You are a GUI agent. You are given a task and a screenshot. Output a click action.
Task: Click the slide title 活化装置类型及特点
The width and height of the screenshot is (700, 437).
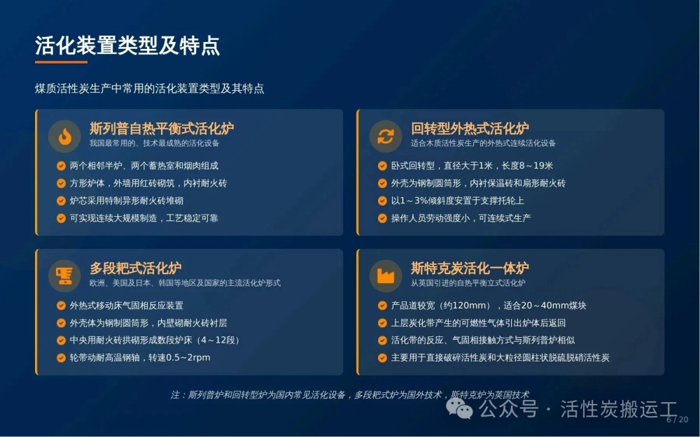pos(127,45)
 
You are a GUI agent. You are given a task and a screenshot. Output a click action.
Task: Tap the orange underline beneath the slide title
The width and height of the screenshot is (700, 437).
pos(61,62)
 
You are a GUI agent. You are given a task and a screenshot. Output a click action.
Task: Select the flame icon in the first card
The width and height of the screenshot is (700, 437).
pos(64,136)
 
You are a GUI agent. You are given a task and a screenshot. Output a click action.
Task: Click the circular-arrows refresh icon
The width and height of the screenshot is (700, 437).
pos(386,136)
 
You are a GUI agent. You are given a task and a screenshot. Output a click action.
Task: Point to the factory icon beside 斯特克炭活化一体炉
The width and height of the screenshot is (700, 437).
pos(386,276)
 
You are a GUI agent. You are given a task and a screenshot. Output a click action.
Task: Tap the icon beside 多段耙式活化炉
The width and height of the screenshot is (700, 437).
pos(64,276)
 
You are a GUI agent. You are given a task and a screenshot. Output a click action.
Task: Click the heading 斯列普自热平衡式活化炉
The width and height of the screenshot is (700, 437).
pos(162,129)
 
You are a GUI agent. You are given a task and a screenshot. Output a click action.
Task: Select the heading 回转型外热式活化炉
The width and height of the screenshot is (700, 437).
pos(470,129)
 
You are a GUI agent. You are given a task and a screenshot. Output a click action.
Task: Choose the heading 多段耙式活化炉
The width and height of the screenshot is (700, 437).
pos(136,268)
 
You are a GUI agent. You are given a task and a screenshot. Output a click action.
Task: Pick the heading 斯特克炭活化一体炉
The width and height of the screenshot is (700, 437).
pos(470,268)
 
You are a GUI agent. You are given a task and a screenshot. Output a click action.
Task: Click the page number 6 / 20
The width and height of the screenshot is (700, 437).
pos(678,420)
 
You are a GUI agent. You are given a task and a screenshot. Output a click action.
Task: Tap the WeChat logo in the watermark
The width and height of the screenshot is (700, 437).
pos(459,408)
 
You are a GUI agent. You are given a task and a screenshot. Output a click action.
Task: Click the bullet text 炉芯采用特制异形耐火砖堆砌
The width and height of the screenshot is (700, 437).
pos(126,201)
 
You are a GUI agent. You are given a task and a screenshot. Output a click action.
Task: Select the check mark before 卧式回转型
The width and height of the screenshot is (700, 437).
pos(382,166)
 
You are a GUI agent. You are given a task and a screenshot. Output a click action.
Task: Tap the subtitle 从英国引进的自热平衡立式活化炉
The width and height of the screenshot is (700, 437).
pos(468,282)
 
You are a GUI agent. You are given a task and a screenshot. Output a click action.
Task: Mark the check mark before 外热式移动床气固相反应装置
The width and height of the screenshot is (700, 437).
pos(61,306)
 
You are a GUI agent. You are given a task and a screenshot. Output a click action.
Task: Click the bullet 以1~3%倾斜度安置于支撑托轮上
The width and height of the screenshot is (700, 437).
pos(458,201)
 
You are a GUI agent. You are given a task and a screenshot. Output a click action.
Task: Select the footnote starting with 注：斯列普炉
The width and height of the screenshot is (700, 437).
pos(349,394)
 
